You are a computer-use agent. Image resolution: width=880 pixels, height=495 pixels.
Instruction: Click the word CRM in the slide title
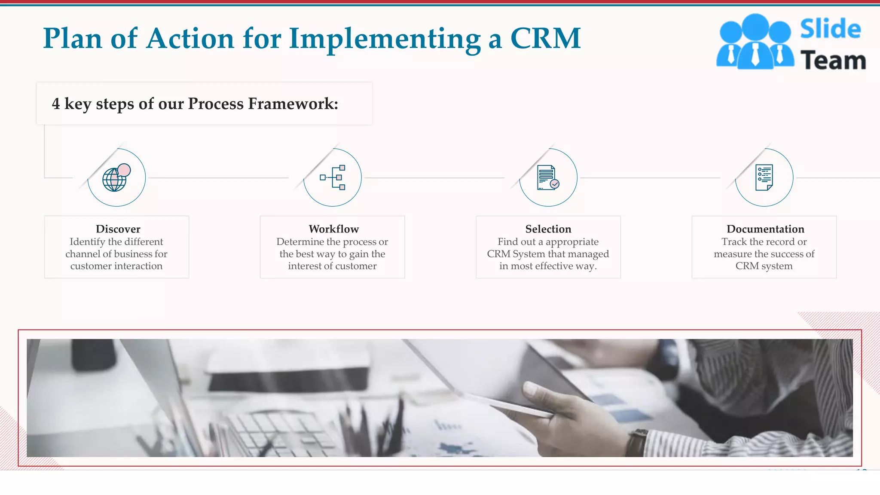point(545,39)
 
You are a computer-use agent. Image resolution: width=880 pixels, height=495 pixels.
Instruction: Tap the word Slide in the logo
point(830,29)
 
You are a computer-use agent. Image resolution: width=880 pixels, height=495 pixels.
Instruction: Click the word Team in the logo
point(833,60)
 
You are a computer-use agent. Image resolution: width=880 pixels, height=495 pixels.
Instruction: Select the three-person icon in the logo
point(755,42)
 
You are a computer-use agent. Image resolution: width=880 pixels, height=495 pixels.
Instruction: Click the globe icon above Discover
point(116,178)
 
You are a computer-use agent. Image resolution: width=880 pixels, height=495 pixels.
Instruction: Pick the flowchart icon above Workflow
point(333,177)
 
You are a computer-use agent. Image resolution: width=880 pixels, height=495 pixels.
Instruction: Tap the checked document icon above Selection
point(548,177)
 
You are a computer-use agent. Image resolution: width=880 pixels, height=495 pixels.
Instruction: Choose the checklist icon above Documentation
point(764,177)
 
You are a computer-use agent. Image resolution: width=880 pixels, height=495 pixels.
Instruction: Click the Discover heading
point(118,229)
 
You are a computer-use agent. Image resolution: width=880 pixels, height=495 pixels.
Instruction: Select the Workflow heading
point(333,229)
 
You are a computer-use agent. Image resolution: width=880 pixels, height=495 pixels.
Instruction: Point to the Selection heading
point(548,229)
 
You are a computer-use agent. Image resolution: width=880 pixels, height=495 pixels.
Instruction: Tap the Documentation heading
point(765,229)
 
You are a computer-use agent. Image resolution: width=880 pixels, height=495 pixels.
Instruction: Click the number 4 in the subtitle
point(56,104)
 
